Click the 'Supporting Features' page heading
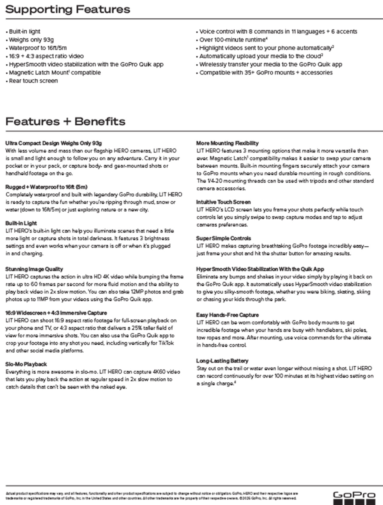[x=68, y=9]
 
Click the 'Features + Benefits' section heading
[x=65, y=121]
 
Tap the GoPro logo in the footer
[x=354, y=497]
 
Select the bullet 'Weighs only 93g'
[x=31, y=40]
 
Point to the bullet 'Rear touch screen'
[x=33, y=81]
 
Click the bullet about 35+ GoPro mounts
[x=266, y=72]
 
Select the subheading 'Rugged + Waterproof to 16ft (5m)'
[x=46, y=187]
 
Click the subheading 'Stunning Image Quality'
[x=34, y=269]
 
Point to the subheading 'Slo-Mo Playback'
[x=26, y=364]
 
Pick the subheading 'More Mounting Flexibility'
[x=227, y=143]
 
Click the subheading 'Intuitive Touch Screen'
[x=223, y=202]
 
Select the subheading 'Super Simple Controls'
[x=224, y=238]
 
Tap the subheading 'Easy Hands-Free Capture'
[x=227, y=315]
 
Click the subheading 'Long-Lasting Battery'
[x=222, y=361]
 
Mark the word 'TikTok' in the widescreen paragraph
[x=165, y=343]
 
